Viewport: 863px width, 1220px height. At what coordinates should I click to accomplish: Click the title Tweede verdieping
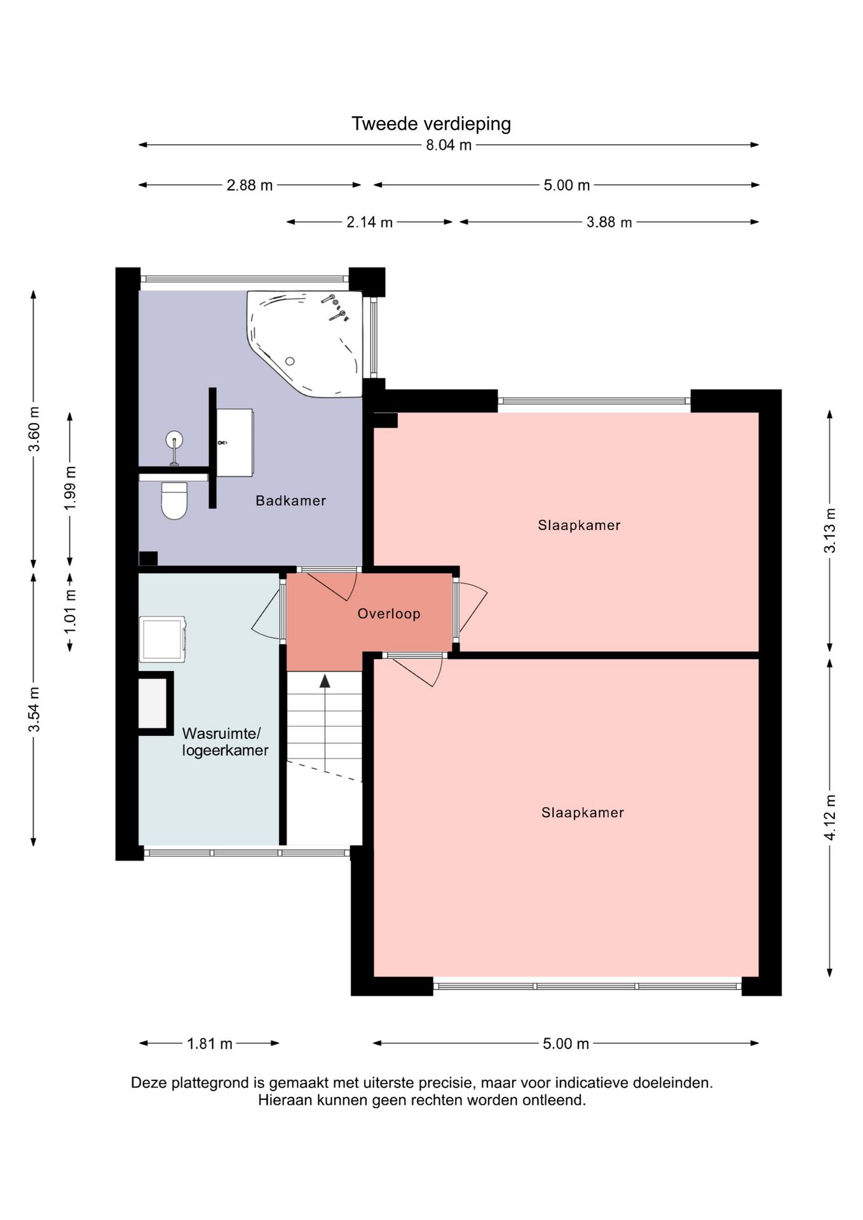tap(431, 123)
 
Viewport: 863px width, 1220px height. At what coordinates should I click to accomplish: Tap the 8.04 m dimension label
tap(449, 145)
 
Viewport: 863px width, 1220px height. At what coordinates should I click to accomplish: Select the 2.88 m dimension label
tap(249, 186)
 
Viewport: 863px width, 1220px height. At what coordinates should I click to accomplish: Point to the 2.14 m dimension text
tap(369, 222)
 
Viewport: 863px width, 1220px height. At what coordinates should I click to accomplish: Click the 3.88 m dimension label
tap(609, 222)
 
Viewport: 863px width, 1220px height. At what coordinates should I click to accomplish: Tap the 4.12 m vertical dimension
tap(830, 817)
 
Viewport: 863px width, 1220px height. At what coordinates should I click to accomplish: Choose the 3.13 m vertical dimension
tap(830, 531)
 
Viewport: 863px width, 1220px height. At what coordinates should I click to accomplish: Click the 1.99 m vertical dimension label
tap(70, 488)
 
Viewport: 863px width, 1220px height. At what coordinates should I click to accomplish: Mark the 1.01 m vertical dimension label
tap(70, 611)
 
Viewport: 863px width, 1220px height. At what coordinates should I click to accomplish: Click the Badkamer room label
tap(290, 501)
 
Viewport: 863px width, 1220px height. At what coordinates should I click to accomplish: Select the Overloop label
tap(388, 614)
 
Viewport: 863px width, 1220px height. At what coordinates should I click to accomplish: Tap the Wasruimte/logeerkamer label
tap(225, 742)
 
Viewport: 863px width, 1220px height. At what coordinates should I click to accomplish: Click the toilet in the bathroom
tap(174, 500)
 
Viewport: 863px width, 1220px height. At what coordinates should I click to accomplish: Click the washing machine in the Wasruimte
tap(163, 639)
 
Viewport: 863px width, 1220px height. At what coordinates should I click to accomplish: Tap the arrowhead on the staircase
tap(325, 681)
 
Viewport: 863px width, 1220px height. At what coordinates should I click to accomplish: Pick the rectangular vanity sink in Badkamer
tap(234, 442)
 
